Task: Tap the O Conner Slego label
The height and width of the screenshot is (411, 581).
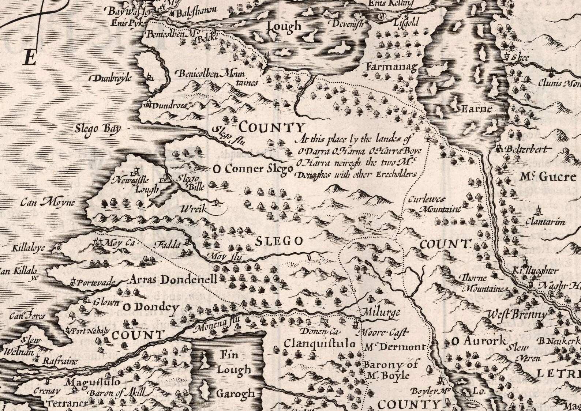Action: click(254, 169)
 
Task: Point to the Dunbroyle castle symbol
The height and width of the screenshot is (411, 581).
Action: click(149, 78)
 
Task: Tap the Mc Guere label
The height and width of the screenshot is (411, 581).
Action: click(548, 177)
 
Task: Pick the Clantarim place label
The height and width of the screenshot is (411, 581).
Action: click(545, 222)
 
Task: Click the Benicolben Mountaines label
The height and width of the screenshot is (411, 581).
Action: click(216, 78)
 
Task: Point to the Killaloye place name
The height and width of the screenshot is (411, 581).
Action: click(29, 248)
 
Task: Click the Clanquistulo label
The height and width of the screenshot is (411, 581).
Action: click(319, 344)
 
